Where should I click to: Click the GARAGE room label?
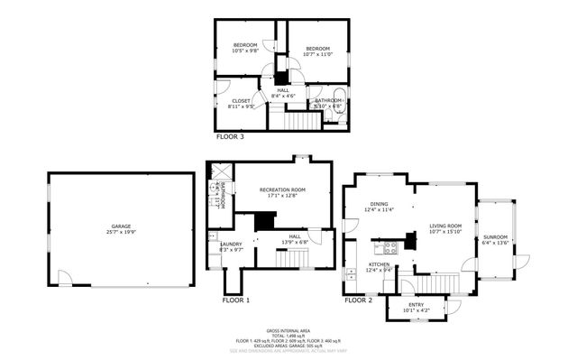121,226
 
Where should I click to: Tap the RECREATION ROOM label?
282,189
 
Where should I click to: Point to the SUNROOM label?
496,237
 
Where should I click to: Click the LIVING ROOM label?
444,226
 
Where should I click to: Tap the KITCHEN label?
378,264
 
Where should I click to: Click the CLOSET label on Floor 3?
242,101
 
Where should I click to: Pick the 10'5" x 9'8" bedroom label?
245,46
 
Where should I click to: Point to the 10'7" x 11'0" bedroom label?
317,49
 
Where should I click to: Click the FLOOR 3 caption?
230,137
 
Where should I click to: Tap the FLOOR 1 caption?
236,300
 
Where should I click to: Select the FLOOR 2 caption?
358,300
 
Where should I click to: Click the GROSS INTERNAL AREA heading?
288,331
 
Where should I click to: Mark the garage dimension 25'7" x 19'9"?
121,231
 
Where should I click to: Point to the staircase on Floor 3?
297,117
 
